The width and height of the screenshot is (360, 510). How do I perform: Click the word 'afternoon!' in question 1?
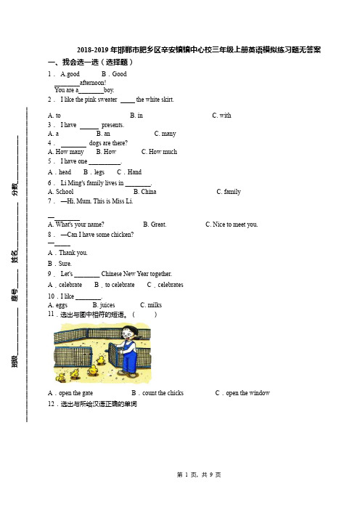[93, 83]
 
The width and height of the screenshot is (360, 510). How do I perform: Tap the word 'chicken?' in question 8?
[123, 235]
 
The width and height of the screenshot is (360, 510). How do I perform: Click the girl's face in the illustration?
[128, 333]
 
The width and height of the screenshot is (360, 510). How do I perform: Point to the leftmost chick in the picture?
[60, 377]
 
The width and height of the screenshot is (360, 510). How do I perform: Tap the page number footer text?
[199, 474]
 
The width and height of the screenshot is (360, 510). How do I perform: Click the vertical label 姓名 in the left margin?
[15, 256]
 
